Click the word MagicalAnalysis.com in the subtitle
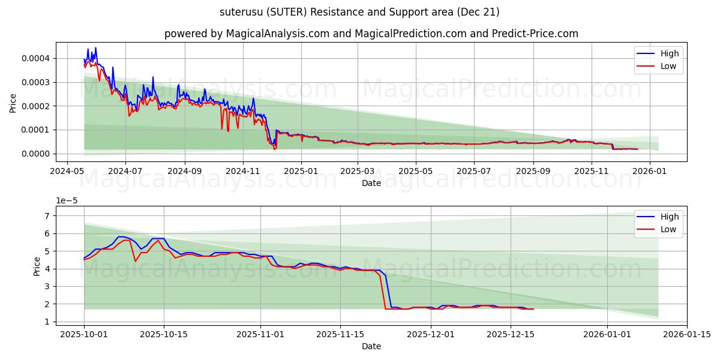277,34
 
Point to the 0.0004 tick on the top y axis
37,58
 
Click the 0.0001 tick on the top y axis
37,130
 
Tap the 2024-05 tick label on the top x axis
67,171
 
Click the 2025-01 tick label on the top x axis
301,171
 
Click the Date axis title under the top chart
371,183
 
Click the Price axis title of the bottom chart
38,266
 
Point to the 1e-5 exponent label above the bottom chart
68,200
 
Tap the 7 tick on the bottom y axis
46,215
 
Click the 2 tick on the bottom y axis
46,304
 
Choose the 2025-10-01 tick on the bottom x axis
84,334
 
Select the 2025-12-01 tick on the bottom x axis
431,334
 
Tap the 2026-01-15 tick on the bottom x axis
686,334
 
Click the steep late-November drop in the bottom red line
383,292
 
